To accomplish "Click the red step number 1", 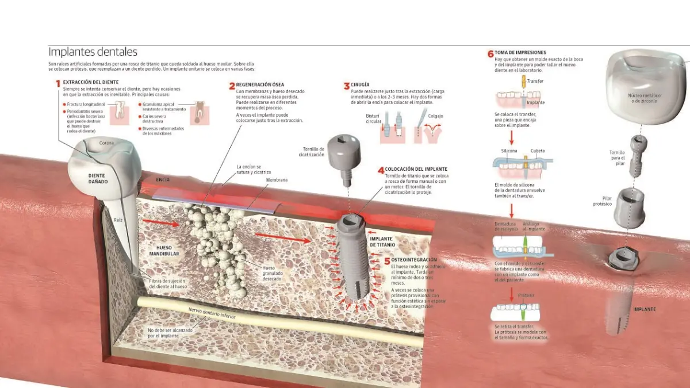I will tap(58, 83).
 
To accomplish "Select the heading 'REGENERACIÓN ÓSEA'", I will tap(260, 85).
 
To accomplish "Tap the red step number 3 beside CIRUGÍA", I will tap(347, 86).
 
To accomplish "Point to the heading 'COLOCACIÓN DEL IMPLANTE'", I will tap(416, 169).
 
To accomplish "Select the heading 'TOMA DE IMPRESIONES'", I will tap(520, 53).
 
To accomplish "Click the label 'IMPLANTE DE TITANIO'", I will tap(382, 241).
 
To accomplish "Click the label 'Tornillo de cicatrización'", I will tap(311, 152).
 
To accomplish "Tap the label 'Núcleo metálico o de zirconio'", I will tap(642, 98).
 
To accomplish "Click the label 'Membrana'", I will tap(277, 180).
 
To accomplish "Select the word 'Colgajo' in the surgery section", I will tap(436, 116).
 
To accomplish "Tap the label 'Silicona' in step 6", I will tap(508, 151).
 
